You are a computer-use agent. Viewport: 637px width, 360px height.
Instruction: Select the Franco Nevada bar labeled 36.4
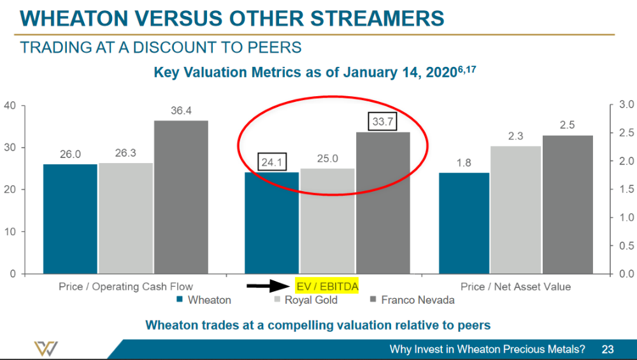pyautogui.click(x=181, y=197)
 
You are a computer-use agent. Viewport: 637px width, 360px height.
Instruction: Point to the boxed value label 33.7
pyautogui.click(x=382, y=122)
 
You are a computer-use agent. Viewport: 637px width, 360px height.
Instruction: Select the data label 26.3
pyautogui.click(x=125, y=154)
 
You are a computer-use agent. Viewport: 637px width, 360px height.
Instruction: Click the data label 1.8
pyautogui.click(x=464, y=163)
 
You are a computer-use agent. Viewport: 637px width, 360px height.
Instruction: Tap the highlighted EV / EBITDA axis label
pyautogui.click(x=327, y=287)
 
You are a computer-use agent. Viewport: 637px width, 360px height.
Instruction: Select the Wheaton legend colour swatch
pyautogui.click(x=180, y=300)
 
